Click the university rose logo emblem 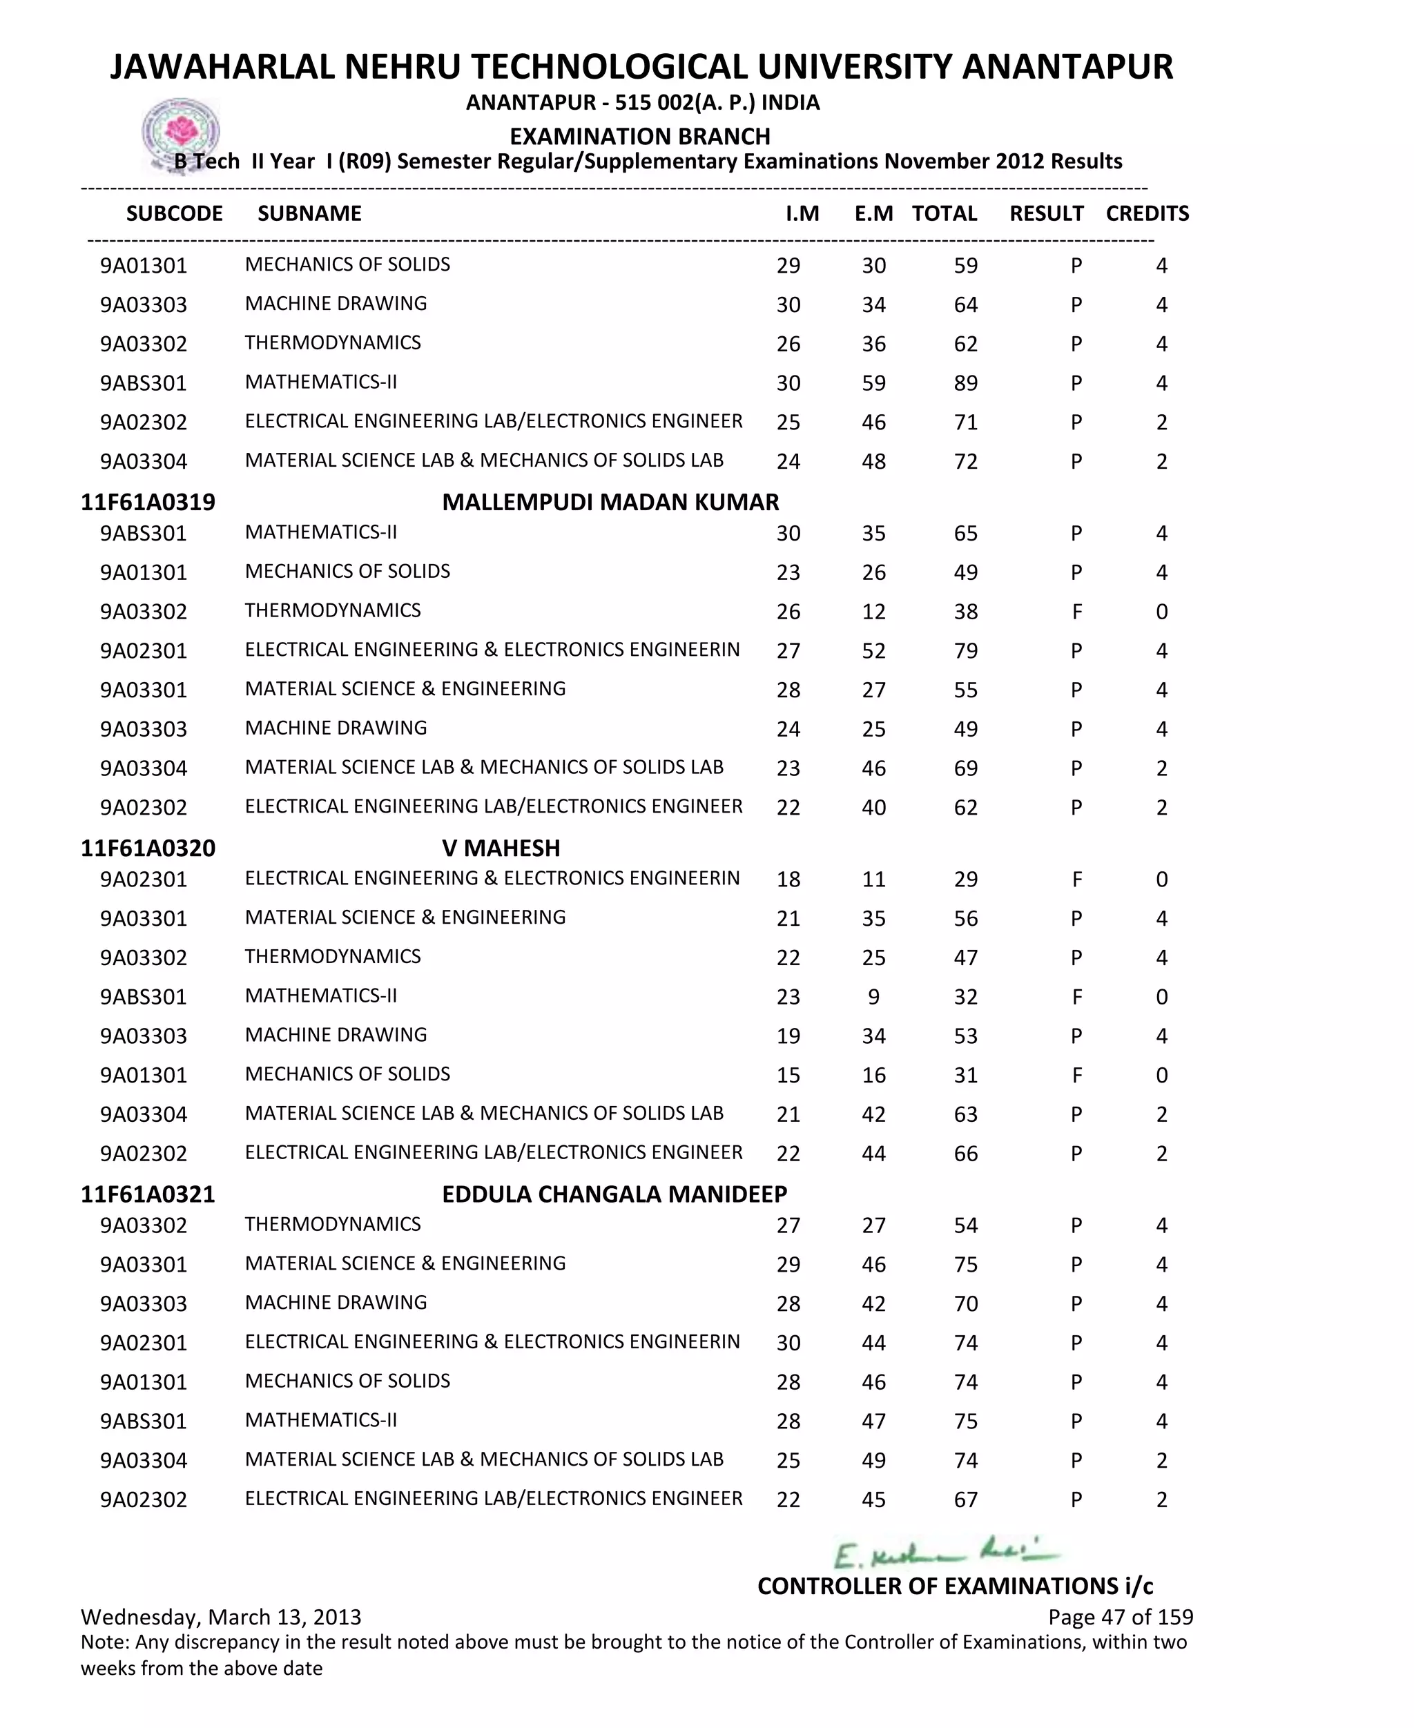click(x=181, y=133)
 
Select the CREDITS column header click(x=1147, y=213)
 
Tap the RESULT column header click(x=1046, y=213)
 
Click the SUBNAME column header click(x=309, y=213)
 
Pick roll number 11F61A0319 click(x=148, y=502)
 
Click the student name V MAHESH click(x=501, y=848)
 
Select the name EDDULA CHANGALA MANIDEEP click(x=614, y=1194)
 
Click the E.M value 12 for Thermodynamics click(x=873, y=612)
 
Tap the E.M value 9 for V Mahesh click(x=873, y=997)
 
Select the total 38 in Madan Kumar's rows click(x=965, y=612)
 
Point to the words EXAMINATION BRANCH click(x=639, y=136)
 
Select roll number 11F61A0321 click(x=148, y=1194)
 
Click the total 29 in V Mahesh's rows click(x=965, y=880)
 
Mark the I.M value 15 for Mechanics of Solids click(x=788, y=1075)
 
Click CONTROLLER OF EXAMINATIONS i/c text click(x=955, y=1586)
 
